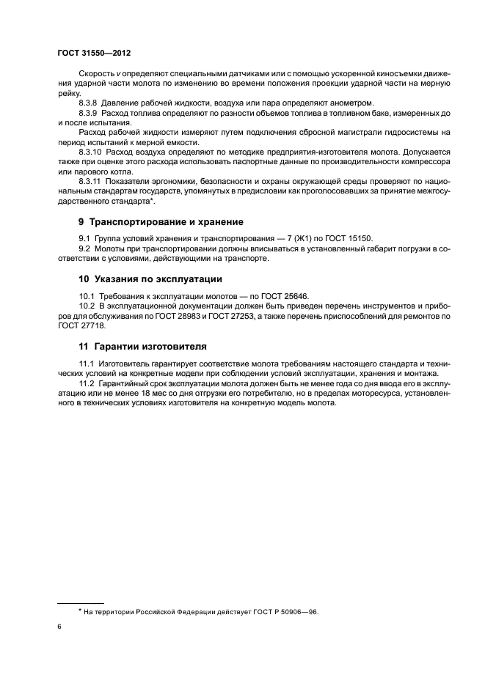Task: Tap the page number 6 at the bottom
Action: (x=59, y=627)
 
